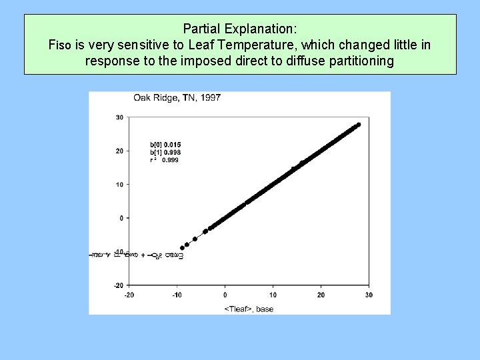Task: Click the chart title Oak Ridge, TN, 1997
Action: (x=177, y=98)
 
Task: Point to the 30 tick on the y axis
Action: (x=119, y=117)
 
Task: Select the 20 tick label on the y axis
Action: (x=119, y=151)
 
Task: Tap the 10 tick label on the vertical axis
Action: (x=119, y=185)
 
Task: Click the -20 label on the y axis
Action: (x=118, y=285)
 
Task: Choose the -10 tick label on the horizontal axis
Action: (x=177, y=295)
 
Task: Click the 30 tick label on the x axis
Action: (x=369, y=295)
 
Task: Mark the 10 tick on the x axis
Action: (x=273, y=295)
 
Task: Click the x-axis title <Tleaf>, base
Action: (x=249, y=309)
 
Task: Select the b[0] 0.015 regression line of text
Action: (x=165, y=145)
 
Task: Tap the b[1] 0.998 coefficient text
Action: (x=165, y=152)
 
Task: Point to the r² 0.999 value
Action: (x=164, y=160)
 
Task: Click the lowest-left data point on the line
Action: (x=182, y=248)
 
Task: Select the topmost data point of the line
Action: (x=359, y=125)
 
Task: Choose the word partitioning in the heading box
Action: (x=361, y=61)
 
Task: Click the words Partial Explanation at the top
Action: (x=240, y=29)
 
